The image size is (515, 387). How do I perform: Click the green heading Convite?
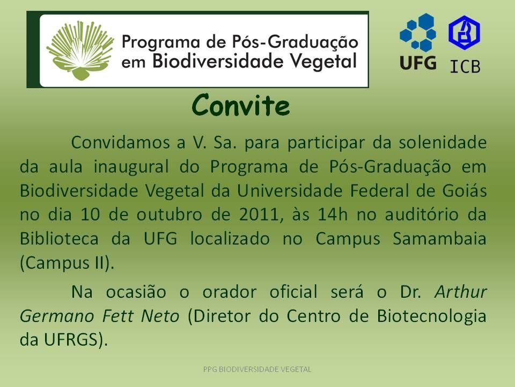pos(241,105)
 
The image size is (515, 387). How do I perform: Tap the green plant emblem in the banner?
pos(80,50)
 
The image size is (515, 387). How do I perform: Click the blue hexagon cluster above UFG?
pos(418,32)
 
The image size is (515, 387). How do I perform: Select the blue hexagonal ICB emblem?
pos(464,33)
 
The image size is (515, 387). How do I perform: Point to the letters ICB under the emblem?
pos(465,67)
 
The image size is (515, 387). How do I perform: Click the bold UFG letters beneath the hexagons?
pos(418,62)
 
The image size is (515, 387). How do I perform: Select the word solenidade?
pos(443,142)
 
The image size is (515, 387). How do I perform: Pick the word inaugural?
pos(131,167)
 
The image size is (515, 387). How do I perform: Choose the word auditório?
pos(422,214)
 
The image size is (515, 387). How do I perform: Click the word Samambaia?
pos(440,239)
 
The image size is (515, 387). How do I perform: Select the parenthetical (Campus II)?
pos(67,263)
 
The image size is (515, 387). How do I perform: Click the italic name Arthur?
pos(461,291)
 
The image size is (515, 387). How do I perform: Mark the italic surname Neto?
pos(160,316)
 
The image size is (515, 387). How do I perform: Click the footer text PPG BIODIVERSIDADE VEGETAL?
pos(257,369)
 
